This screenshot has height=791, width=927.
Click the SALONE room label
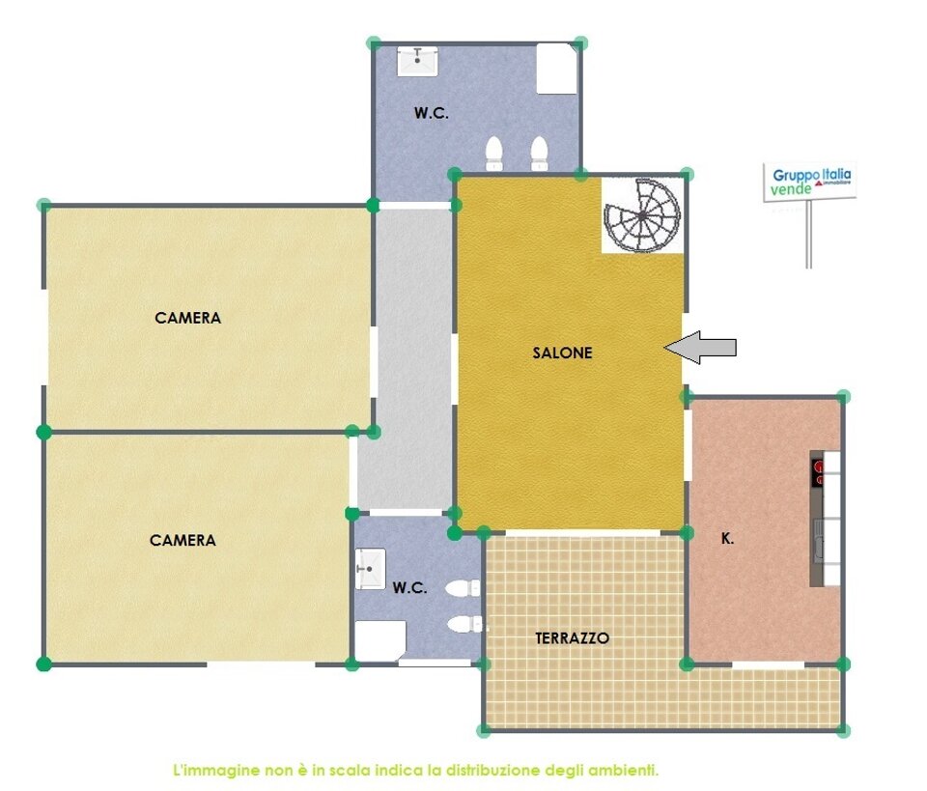pos(562,353)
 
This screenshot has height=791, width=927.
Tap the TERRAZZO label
pos(572,637)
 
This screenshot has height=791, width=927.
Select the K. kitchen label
pos(727,539)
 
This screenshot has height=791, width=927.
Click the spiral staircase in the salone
pos(642,215)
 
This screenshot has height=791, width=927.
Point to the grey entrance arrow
pos(701,348)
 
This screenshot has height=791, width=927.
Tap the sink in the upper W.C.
pos(417,62)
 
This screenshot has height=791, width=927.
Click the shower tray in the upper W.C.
pos(557,69)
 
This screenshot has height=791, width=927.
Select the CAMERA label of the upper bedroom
pos(188,318)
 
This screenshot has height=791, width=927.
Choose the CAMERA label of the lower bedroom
pos(183,540)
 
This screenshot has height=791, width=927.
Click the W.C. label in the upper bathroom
pos(431,113)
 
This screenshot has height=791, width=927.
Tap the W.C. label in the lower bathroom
pos(409,587)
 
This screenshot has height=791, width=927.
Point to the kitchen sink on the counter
pos(819,540)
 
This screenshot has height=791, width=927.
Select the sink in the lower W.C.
pos(370,569)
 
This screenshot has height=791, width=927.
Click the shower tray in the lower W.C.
pos(379,641)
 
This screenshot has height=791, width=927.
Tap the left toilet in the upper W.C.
pos(494,154)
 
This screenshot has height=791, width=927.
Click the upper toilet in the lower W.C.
pos(463,588)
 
